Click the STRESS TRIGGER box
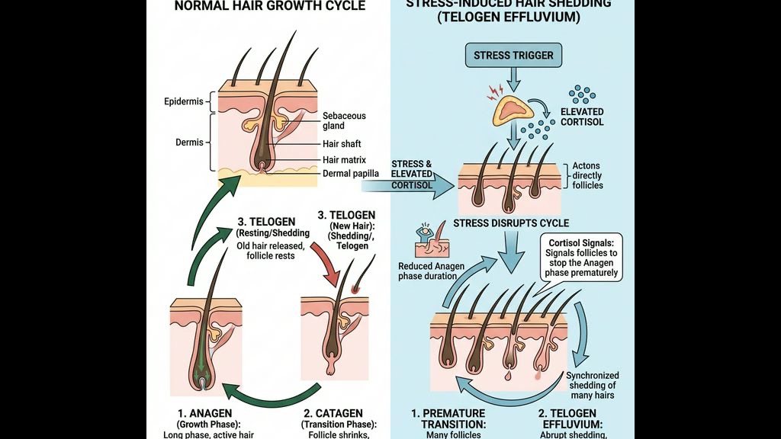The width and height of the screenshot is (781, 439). click(513, 56)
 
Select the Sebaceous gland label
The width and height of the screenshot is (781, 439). click(344, 121)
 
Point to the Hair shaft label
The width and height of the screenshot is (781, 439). click(342, 144)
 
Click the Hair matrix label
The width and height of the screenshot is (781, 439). click(345, 160)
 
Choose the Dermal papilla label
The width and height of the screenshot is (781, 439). click(351, 174)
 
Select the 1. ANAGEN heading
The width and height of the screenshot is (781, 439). click(204, 414)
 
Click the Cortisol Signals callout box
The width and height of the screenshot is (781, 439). click(584, 258)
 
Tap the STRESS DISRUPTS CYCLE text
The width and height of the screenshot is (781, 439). click(511, 223)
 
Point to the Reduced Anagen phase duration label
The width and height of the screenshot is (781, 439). click(432, 271)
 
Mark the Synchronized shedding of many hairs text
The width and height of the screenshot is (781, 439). click(592, 386)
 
